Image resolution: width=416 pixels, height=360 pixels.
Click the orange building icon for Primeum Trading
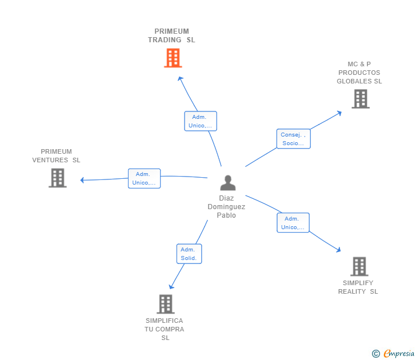[x=173, y=58]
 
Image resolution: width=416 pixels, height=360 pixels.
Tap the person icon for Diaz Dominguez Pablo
[x=227, y=183]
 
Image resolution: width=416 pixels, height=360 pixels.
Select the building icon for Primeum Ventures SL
[x=57, y=178]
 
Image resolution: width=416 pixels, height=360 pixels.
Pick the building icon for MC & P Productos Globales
[x=360, y=99]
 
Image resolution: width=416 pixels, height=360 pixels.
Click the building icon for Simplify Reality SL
[x=359, y=266]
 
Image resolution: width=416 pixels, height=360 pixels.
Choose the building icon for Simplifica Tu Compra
[x=165, y=304]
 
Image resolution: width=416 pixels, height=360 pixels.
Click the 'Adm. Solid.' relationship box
[x=189, y=254]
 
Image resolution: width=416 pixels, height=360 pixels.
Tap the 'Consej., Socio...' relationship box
[x=294, y=139]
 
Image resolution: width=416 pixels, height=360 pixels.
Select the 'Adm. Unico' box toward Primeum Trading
[x=200, y=121]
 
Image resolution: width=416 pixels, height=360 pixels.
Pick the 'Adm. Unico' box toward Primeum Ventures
[x=144, y=178]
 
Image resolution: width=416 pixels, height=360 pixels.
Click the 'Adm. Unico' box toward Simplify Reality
[x=293, y=223]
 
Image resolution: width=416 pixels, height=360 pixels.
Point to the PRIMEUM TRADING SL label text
[x=171, y=35]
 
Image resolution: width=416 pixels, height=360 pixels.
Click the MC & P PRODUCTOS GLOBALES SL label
[x=359, y=73]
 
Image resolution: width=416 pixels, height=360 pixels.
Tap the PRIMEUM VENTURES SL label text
[x=57, y=156]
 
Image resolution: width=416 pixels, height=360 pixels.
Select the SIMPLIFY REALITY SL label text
[x=358, y=287]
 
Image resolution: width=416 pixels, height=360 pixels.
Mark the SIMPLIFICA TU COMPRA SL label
[x=165, y=329]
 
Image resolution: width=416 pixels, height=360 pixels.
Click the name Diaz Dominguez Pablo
[x=226, y=207]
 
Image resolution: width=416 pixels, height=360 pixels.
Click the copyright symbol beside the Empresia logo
[x=376, y=354]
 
